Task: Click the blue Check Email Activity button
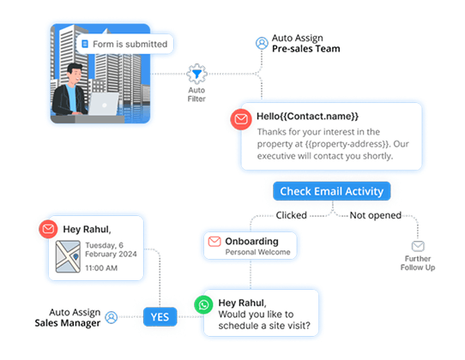[332, 190]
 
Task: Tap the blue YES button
[160, 316]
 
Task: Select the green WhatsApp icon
[203, 304]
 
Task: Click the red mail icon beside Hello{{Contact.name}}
[241, 119]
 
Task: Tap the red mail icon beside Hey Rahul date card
[49, 229]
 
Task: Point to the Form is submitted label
[128, 43]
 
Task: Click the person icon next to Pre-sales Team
[261, 43]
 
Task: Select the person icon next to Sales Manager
[111, 317]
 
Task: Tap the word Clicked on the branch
[291, 215]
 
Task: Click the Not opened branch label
[377, 215]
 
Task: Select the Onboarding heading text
[251, 241]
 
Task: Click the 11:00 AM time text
[101, 268]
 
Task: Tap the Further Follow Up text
[418, 262]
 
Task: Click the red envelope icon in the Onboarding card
[214, 242]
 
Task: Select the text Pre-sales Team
[306, 50]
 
